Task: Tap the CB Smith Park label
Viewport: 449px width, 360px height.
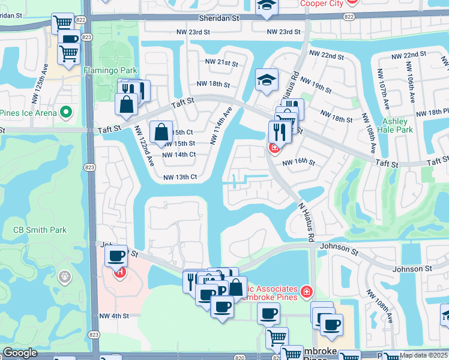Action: (x=40, y=230)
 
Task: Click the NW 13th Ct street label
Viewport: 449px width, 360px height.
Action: (x=180, y=177)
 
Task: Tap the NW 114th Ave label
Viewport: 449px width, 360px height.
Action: (x=220, y=125)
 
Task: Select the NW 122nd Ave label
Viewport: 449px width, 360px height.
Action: (x=143, y=145)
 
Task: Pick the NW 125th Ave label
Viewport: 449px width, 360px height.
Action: (x=46, y=79)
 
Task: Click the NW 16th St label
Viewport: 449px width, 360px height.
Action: (x=298, y=162)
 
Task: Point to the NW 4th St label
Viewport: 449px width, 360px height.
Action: (x=114, y=316)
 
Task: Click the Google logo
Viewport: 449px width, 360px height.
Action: (x=20, y=353)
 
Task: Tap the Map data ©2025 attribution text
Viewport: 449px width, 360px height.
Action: (x=424, y=355)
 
